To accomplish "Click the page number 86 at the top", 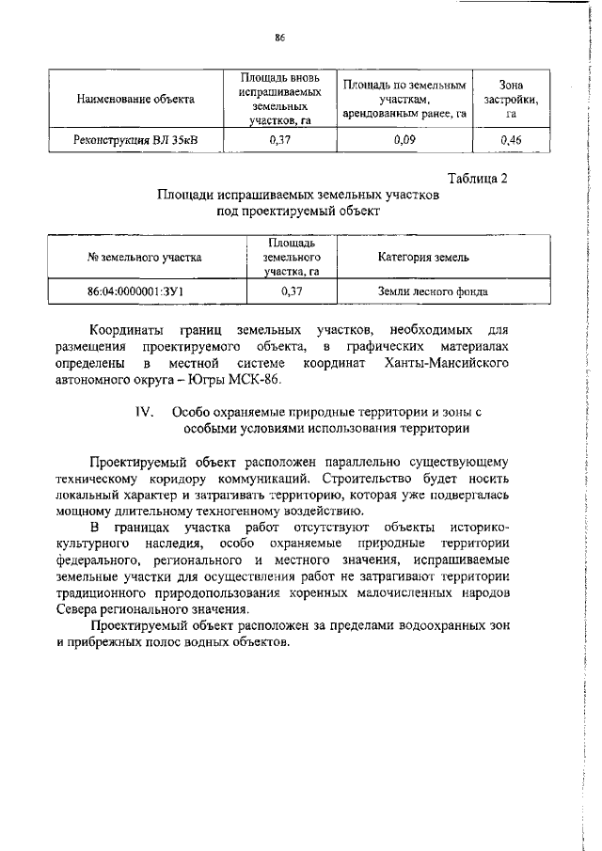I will pos(279,38).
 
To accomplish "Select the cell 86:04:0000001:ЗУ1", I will pos(135,292).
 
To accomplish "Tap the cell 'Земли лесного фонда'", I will pos(433,292).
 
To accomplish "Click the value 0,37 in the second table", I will pos(292,292).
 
